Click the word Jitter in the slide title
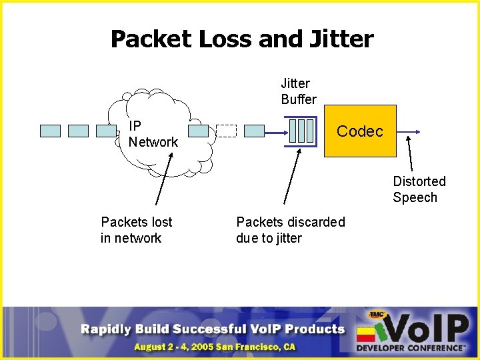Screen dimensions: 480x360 click(342, 39)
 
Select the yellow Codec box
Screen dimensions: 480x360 click(360, 131)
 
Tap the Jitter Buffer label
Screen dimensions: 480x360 click(298, 91)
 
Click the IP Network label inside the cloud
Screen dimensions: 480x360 click(153, 134)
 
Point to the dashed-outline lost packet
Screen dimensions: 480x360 click(226, 131)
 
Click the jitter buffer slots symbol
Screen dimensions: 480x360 click(301, 131)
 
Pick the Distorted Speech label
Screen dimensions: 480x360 click(419, 189)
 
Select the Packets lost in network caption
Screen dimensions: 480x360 click(136, 230)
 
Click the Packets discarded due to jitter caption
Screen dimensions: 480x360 click(291, 230)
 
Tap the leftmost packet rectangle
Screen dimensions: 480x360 click(50, 131)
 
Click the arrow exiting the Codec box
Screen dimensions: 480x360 click(408, 131)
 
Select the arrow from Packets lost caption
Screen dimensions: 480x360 click(164, 177)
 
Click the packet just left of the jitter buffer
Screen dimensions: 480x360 click(254, 131)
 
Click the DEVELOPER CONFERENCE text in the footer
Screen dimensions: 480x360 click(410, 348)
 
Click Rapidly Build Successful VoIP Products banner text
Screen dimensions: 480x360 click(213, 329)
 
